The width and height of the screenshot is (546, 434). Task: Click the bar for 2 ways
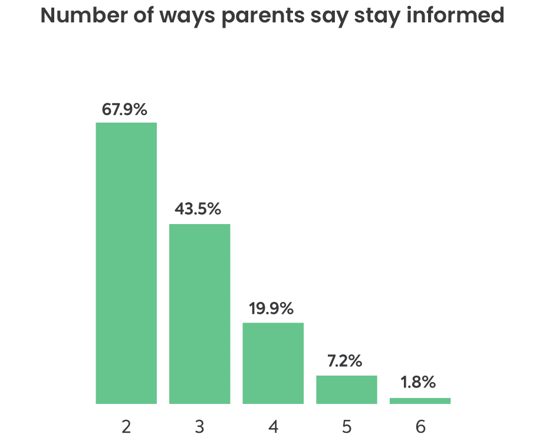(x=126, y=263)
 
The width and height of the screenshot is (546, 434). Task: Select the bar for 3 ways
(x=199, y=314)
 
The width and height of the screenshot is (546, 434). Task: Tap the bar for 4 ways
(x=273, y=363)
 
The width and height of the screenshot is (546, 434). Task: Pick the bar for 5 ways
(x=346, y=390)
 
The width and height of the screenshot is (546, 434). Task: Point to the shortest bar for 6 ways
(x=420, y=401)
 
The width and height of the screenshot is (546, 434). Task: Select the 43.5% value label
(x=198, y=209)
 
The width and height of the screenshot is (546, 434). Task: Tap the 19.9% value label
(x=271, y=308)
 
